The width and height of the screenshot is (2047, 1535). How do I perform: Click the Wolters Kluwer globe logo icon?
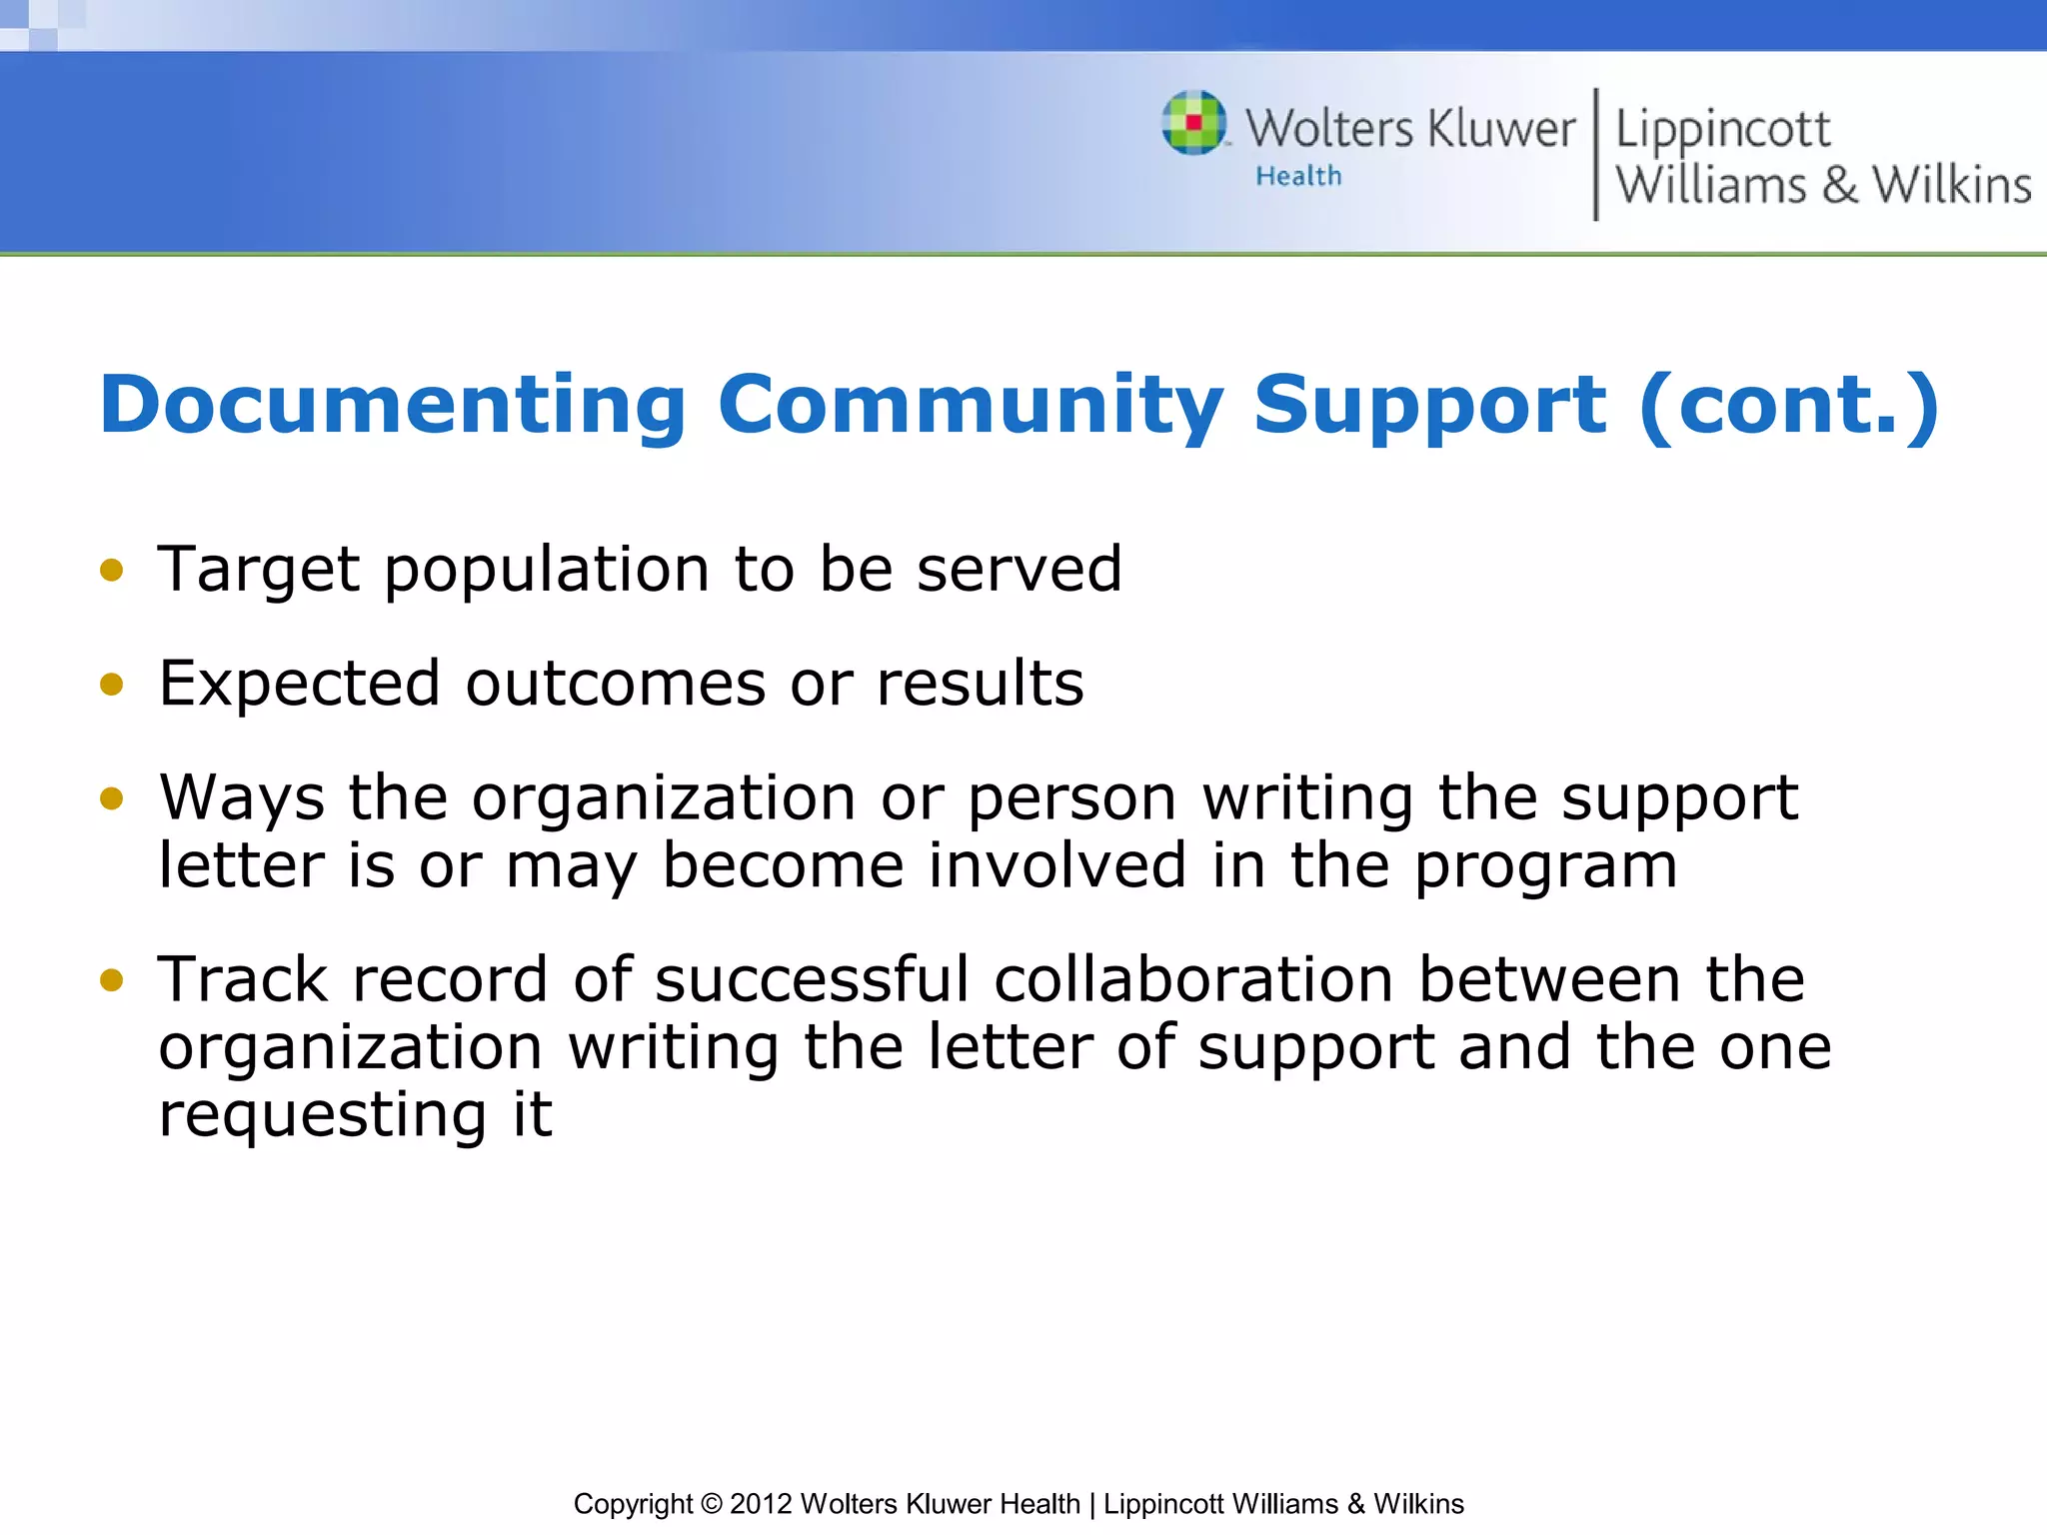tap(1193, 123)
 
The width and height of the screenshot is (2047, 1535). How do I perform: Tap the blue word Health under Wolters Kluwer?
tap(1298, 177)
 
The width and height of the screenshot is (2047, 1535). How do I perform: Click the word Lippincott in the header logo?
tap(1722, 130)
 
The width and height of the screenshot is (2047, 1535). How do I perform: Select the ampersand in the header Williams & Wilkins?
tap(1839, 186)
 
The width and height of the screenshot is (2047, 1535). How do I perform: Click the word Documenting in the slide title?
tap(393, 405)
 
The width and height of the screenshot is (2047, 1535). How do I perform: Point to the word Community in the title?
tap(970, 405)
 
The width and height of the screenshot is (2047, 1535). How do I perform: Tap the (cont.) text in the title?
tap(1788, 405)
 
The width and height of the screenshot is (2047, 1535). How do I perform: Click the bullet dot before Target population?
tap(112, 571)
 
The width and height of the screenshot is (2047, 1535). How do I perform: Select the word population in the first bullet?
tap(547, 571)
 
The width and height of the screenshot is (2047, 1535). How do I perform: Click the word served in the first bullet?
tap(1020, 571)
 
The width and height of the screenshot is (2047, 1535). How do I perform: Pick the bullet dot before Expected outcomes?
tap(112, 686)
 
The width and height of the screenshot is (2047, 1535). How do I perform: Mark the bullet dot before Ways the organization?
tap(112, 799)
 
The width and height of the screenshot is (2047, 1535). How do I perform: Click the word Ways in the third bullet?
tap(242, 799)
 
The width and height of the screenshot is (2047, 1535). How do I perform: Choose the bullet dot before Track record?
tap(112, 980)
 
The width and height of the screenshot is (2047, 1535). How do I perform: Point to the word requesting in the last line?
tap(323, 1116)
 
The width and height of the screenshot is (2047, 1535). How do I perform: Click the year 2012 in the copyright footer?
tap(761, 1504)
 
